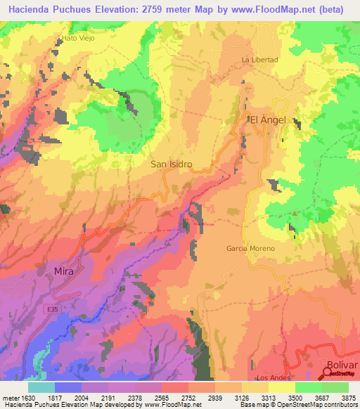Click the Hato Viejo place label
78,38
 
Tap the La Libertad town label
259,60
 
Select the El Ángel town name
269,120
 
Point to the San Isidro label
172,164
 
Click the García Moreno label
250,249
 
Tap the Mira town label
63,271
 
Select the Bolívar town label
342,365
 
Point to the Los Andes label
274,378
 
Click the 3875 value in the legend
348,397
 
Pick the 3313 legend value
269,397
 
